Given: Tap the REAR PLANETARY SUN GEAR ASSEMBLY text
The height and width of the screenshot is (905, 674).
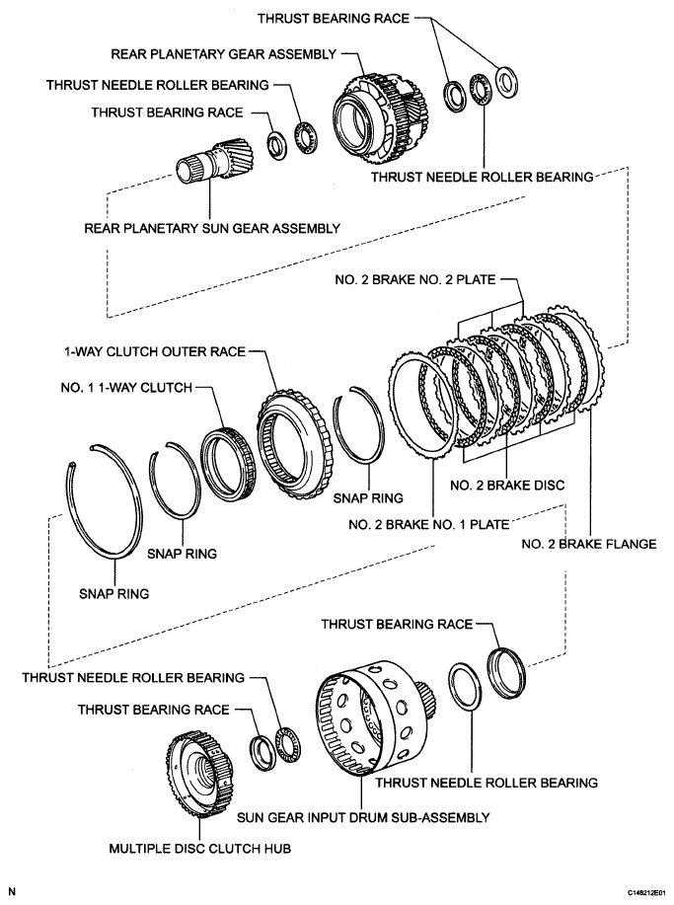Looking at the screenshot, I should [x=213, y=228].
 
